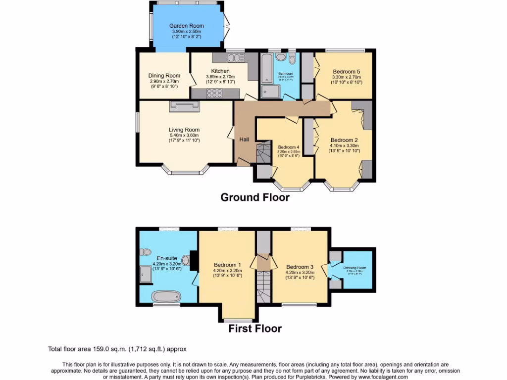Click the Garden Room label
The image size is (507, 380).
[186, 26]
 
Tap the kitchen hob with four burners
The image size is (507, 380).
[215, 93]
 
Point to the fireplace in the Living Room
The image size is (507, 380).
[185, 104]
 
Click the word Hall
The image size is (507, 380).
[244, 140]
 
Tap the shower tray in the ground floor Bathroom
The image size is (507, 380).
[271, 91]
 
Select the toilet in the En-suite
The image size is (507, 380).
[145, 252]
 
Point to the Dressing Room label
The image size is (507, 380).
[355, 268]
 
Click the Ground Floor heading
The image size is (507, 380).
[254, 198]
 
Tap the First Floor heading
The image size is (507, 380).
[254, 329]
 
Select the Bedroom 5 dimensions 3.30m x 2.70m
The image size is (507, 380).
[347, 77]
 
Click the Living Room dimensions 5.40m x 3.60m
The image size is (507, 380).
[184, 135]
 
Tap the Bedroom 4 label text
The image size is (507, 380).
[288, 147]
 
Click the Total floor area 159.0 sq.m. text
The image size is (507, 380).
[117, 349]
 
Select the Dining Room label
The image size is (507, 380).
[164, 76]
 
